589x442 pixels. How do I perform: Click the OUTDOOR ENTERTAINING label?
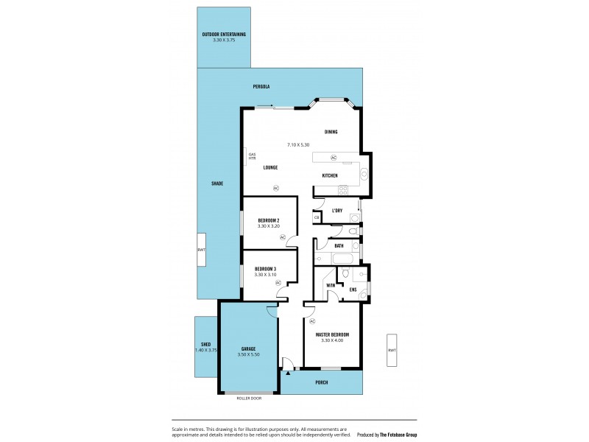[224, 35]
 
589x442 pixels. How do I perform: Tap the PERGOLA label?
[261, 87]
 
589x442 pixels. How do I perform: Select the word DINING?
[331, 132]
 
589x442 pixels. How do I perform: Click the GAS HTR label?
[252, 156]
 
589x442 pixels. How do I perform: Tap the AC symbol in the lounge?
[276, 188]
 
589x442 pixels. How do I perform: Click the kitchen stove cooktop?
[342, 190]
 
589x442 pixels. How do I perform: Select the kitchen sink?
[364, 175]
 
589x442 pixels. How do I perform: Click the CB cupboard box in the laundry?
[317, 217]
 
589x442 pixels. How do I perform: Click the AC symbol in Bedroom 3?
[278, 283]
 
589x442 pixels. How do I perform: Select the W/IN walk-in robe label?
[331, 285]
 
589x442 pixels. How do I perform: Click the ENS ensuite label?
[353, 290]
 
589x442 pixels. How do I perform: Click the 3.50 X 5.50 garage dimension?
[247, 355]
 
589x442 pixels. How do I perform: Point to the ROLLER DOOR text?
[248, 399]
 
